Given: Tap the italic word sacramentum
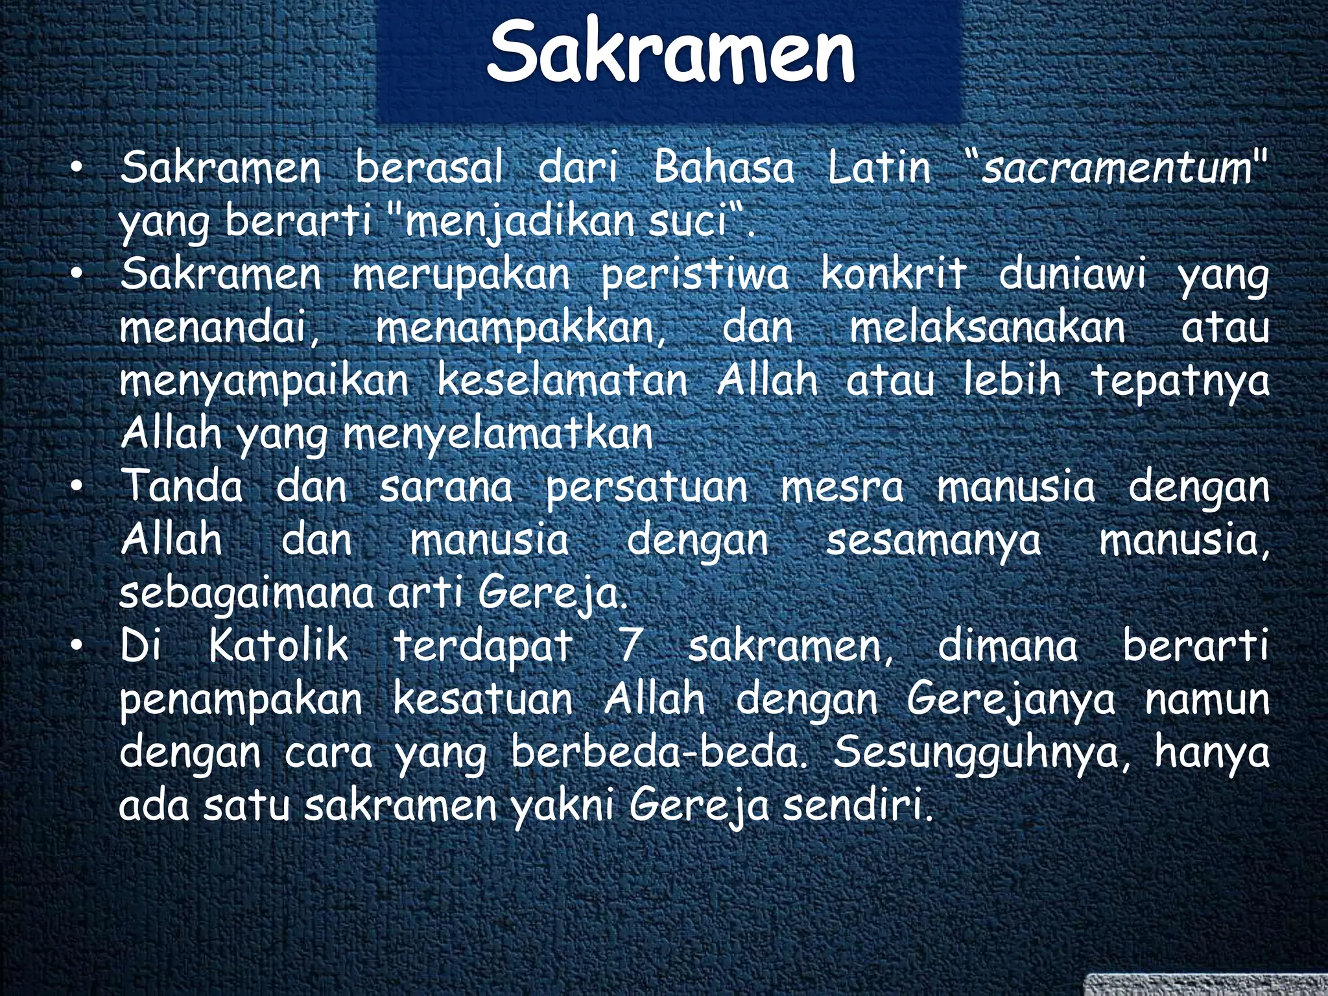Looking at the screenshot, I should click(1115, 167).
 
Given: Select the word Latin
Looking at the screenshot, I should click(879, 167).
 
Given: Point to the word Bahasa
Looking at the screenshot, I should click(723, 167).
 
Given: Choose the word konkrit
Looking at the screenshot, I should click(894, 274).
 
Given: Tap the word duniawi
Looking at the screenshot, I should click(1072, 274).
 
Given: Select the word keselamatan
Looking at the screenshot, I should click(562, 381).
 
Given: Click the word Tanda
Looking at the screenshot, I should click(182, 486).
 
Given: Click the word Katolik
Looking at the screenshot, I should click(278, 646).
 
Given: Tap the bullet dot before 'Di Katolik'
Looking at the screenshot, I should click(77, 647).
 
